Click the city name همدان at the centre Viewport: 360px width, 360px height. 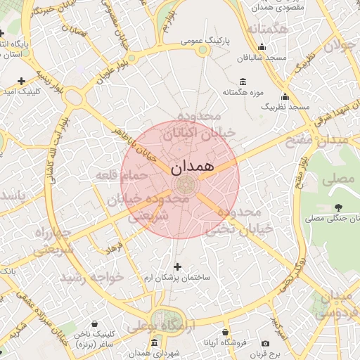(x=191, y=169)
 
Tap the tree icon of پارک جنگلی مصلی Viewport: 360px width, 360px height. (x=339, y=207)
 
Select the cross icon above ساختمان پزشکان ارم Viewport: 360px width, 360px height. (x=176, y=266)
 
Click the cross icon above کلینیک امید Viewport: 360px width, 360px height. (x=22, y=81)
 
